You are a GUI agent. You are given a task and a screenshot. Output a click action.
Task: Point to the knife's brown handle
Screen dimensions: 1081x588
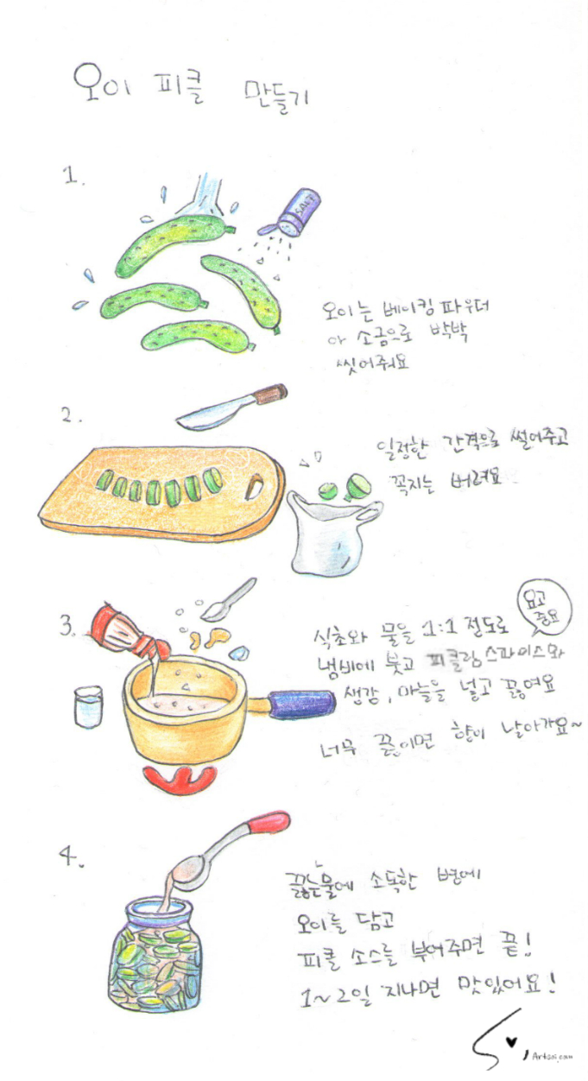click(269, 395)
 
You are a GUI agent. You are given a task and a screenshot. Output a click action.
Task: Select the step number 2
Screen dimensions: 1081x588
click(71, 415)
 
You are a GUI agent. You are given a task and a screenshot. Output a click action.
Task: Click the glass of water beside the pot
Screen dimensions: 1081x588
click(88, 705)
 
